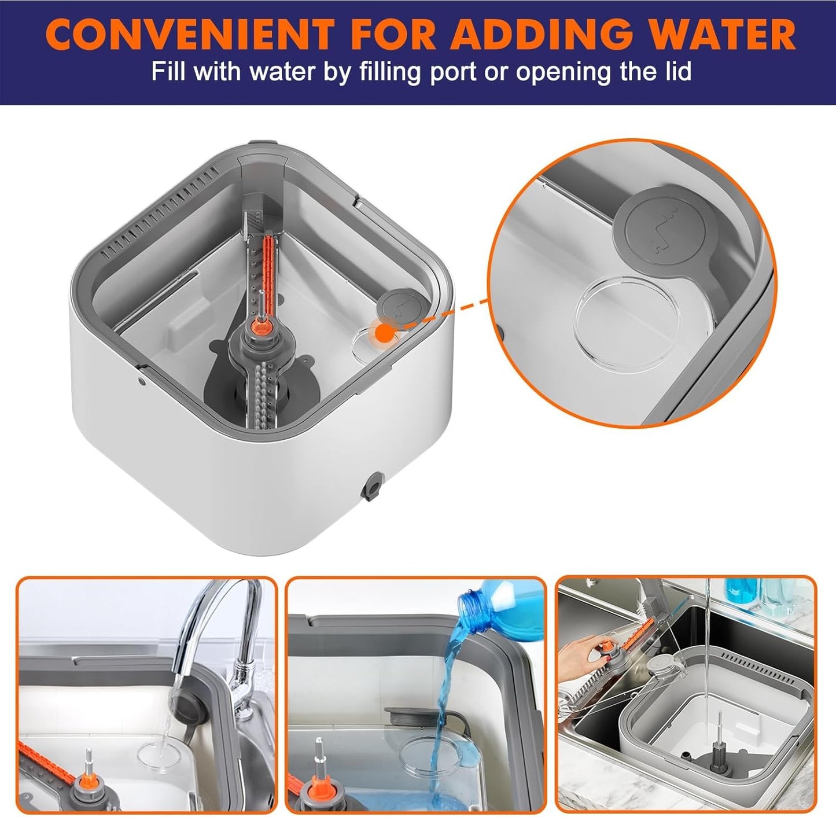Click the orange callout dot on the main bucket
(x=382, y=333)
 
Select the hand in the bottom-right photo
(x=581, y=653)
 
